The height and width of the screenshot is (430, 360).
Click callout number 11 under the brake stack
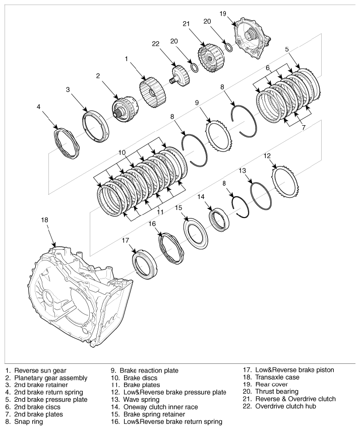coord(160,212)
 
